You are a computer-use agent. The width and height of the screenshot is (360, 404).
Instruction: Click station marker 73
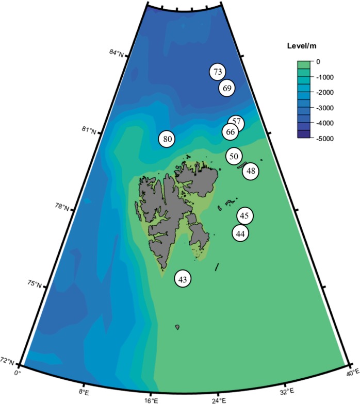click(218, 72)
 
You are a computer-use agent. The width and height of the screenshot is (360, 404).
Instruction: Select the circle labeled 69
click(227, 88)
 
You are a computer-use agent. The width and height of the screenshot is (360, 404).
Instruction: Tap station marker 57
click(236, 123)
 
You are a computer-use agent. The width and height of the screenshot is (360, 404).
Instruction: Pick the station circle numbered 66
click(231, 132)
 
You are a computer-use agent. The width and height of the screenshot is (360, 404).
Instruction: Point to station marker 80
click(167, 139)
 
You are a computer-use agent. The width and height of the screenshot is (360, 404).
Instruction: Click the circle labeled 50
click(234, 156)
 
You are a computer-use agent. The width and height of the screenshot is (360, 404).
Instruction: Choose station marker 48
click(251, 171)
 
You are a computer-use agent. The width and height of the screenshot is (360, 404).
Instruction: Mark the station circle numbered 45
click(244, 216)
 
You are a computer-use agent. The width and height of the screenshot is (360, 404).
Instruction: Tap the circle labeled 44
click(240, 233)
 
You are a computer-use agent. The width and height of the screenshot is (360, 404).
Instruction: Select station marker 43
click(182, 279)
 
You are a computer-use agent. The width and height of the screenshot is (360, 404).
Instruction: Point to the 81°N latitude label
click(88, 130)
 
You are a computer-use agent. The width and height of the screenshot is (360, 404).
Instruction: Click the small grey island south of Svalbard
click(177, 327)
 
